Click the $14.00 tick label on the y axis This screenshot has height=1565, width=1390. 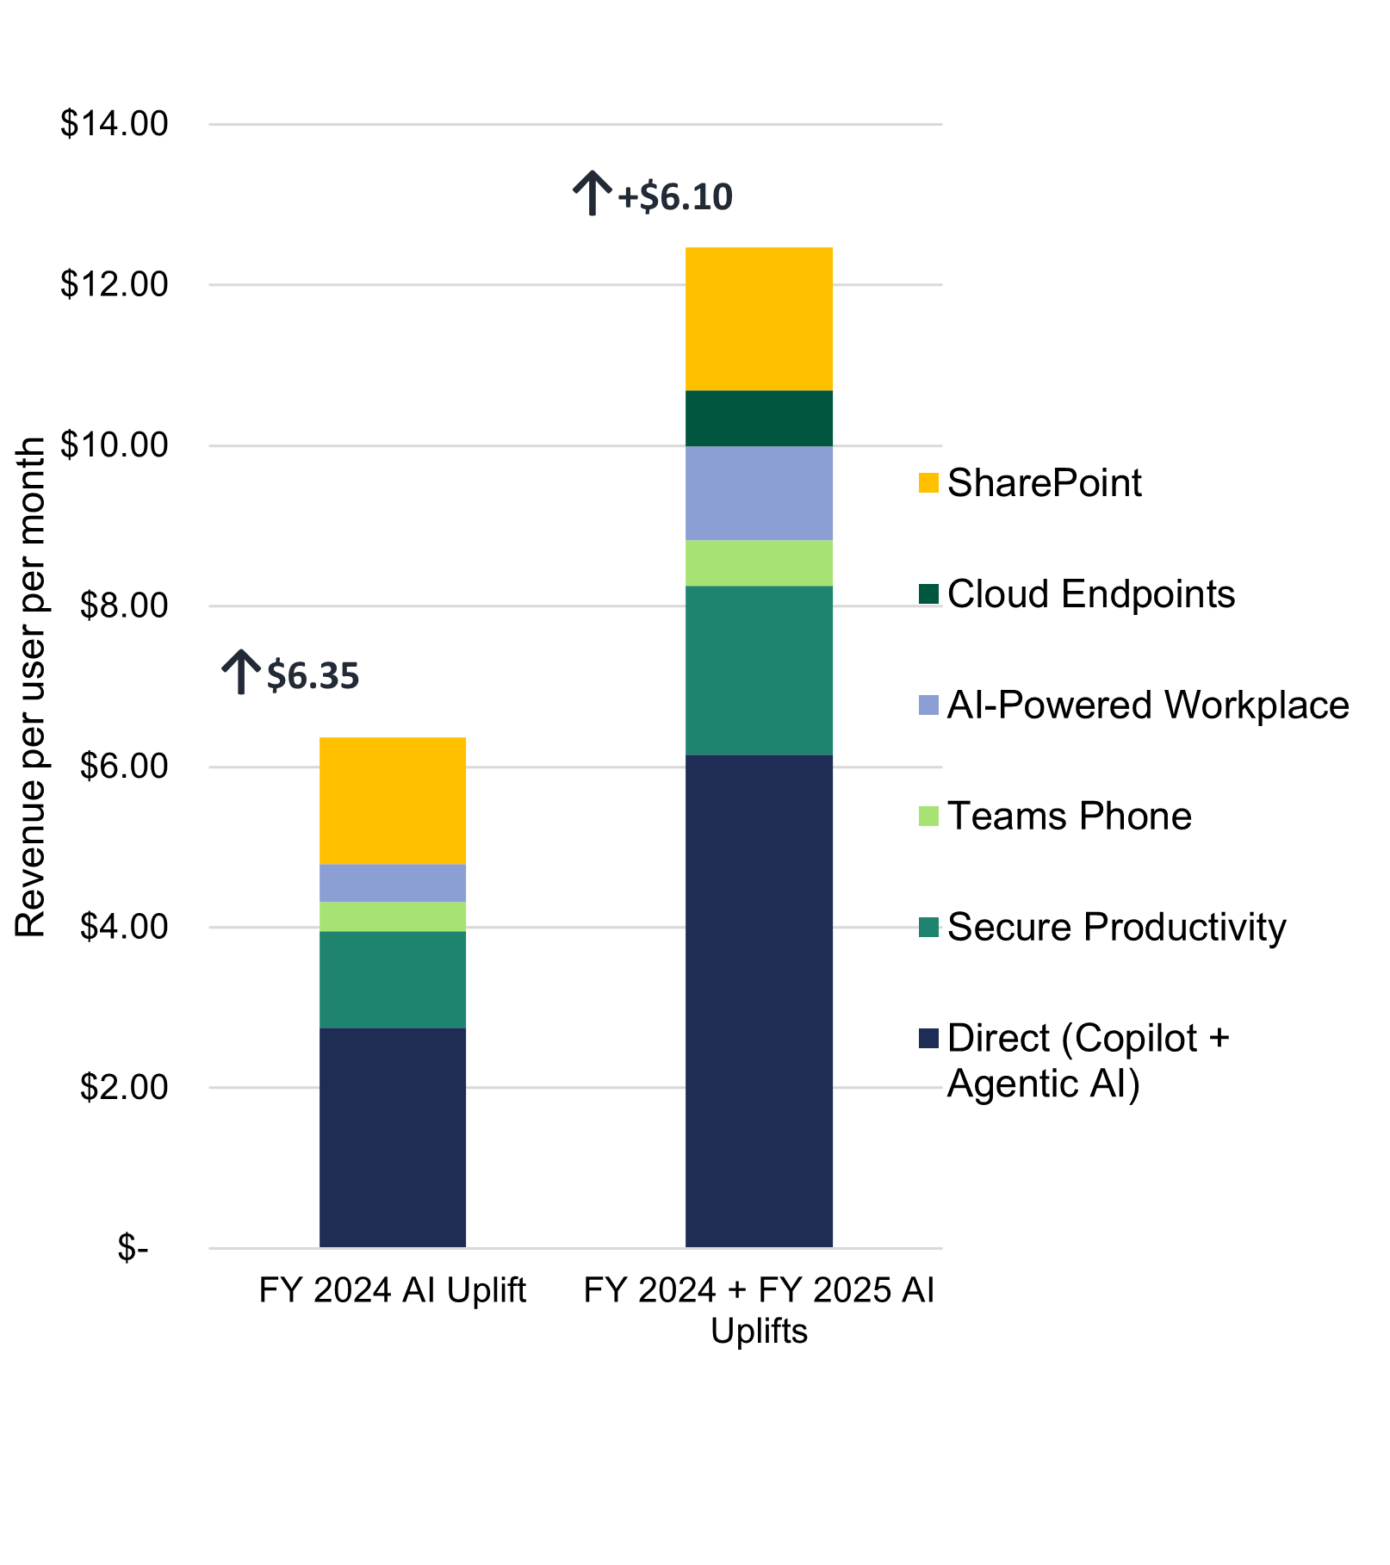pyautogui.click(x=114, y=124)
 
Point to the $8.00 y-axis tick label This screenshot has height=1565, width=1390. pyautogui.click(x=123, y=606)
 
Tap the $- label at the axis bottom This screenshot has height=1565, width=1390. pyautogui.click(x=133, y=1248)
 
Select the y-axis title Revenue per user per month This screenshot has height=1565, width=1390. pyautogui.click(x=31, y=687)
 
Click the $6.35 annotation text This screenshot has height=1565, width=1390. pyautogui.click(x=313, y=675)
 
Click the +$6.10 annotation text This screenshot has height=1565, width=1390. pyautogui.click(x=675, y=197)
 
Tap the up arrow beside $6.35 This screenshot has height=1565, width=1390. pyautogui.click(x=241, y=672)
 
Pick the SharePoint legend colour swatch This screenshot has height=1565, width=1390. pyautogui.click(x=928, y=483)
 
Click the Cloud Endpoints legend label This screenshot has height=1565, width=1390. pyautogui.click(x=1090, y=594)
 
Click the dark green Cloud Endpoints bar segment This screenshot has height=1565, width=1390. pyautogui.click(x=759, y=419)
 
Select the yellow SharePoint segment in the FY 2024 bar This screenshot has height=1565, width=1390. pyautogui.click(x=393, y=801)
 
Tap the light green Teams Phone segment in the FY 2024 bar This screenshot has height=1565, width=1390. pyautogui.click(x=393, y=916)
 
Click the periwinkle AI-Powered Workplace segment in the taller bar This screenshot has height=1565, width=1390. pyautogui.click(x=759, y=493)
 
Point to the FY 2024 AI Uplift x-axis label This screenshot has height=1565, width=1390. pyautogui.click(x=393, y=1291)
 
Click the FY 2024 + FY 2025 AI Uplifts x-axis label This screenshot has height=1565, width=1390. pyautogui.click(x=759, y=1310)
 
